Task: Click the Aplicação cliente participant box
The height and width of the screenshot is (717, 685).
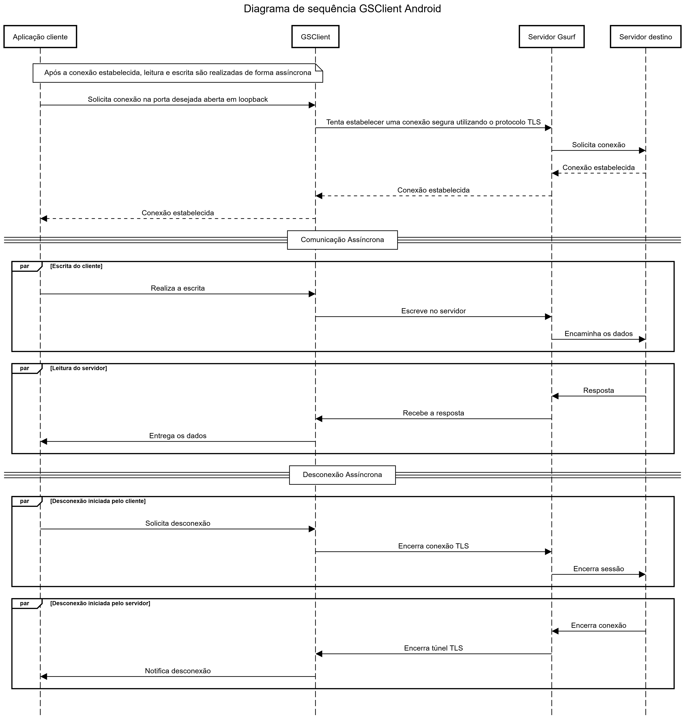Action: pos(40,36)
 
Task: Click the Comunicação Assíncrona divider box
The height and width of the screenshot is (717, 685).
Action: pos(342,240)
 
